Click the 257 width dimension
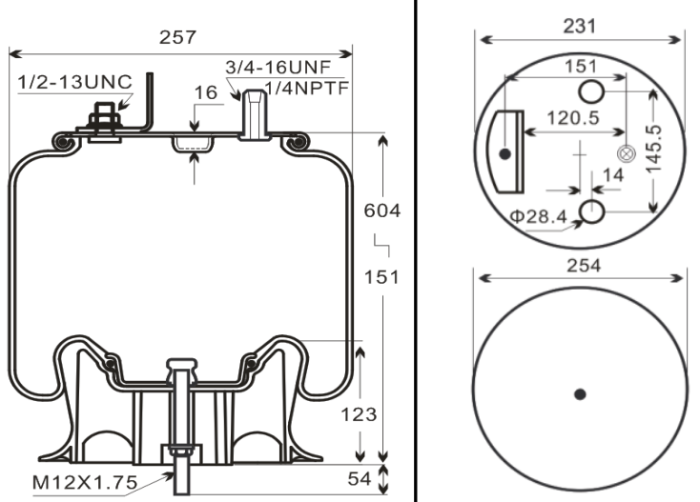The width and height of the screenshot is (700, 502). pos(178,37)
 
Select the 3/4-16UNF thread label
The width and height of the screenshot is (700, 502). pos(276,68)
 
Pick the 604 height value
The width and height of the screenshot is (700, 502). pos(382,210)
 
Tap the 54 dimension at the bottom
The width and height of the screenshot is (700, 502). pos(359,479)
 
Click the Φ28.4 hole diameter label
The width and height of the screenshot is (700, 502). pos(539,216)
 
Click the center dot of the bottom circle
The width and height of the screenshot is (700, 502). pos(580,393)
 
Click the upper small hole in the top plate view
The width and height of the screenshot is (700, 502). pos(592,91)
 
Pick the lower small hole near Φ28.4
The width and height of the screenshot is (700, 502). pos(592,211)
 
